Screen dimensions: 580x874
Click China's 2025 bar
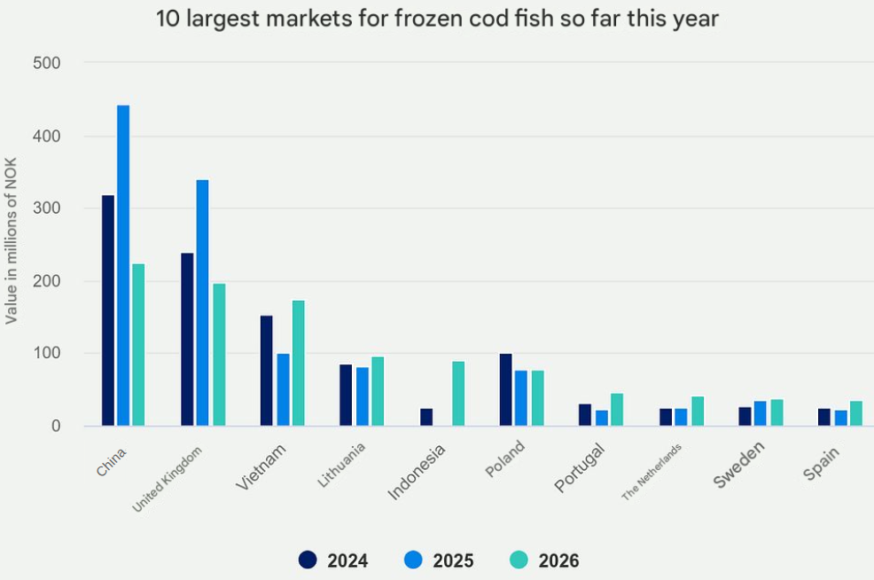[123, 266]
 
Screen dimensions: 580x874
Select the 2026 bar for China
[138, 345]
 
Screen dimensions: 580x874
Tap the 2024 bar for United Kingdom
[187, 340]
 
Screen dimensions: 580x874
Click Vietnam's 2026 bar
[299, 364]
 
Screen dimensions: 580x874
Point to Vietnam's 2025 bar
[283, 390]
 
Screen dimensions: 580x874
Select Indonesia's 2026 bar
[458, 394]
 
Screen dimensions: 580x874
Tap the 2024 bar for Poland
[505, 390]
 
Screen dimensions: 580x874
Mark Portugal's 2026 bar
[617, 410]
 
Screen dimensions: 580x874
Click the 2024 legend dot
[308, 560]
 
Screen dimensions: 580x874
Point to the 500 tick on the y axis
[46, 63]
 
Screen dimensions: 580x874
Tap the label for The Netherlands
[653, 472]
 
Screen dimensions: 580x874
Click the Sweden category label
[739, 464]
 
